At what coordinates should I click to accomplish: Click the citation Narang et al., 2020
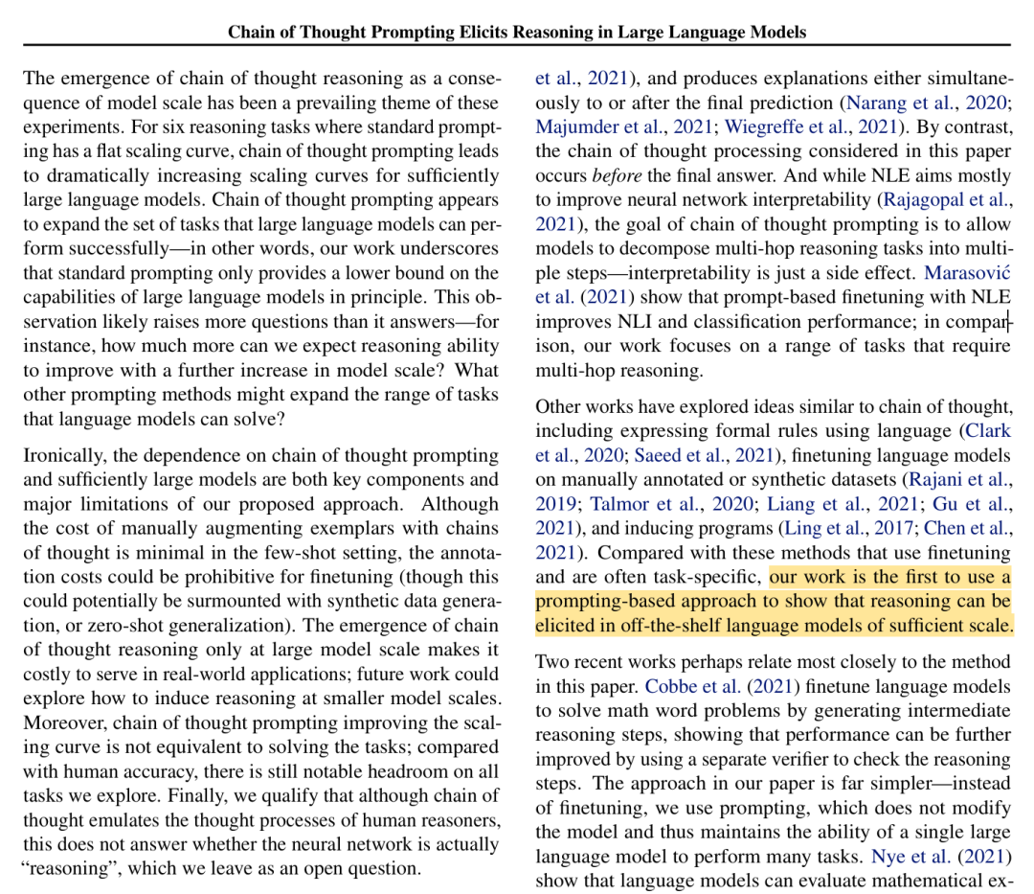pyautogui.click(x=925, y=103)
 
